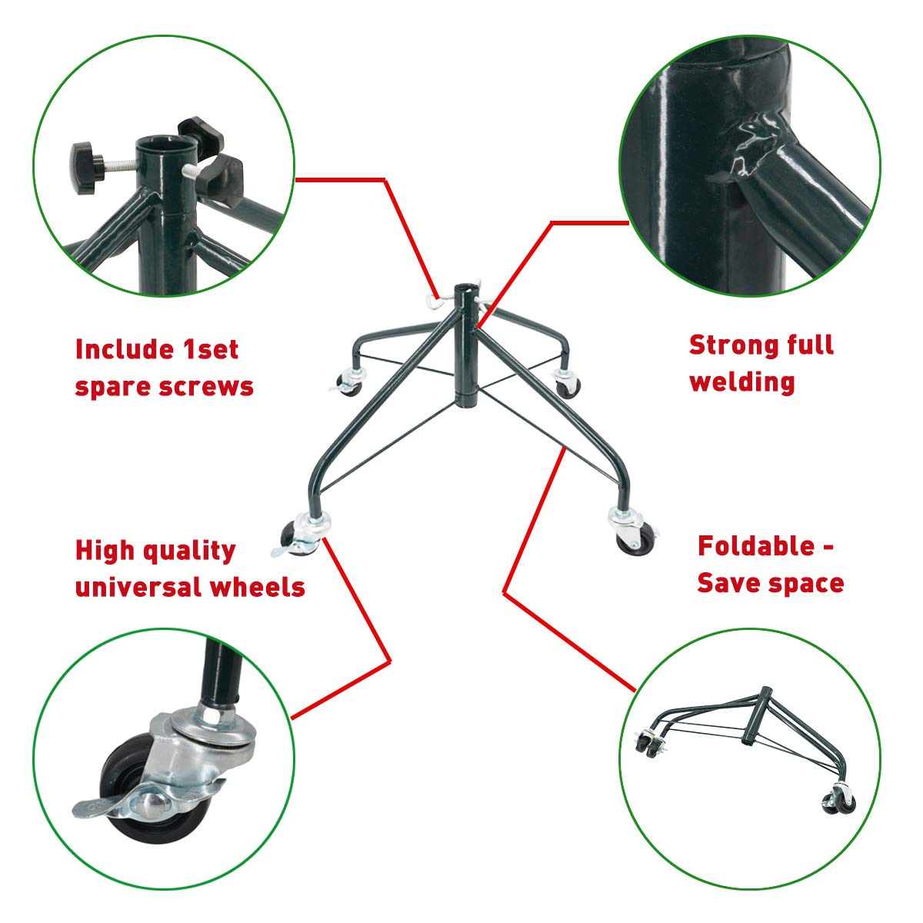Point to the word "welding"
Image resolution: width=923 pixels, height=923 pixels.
point(742,383)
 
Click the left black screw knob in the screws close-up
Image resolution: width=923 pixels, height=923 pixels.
point(86,166)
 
